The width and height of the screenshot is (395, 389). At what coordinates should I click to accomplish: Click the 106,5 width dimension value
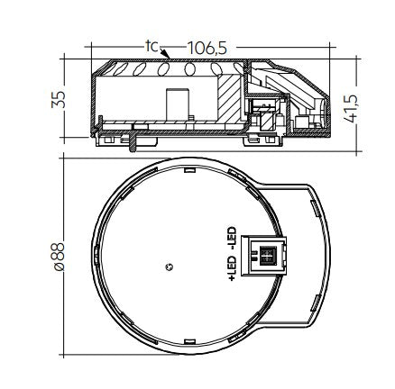pyautogui.click(x=207, y=48)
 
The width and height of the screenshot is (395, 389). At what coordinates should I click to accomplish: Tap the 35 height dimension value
pyautogui.click(x=59, y=99)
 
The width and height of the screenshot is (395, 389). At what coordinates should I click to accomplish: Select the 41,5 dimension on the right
pyautogui.click(x=351, y=109)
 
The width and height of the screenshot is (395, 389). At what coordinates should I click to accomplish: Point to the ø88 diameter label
pyautogui.click(x=59, y=257)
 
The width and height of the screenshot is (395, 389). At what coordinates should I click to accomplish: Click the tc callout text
pyautogui.click(x=152, y=46)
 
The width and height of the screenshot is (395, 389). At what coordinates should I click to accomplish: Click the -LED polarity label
pyautogui.click(x=232, y=239)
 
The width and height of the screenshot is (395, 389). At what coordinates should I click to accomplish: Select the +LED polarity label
pyautogui.click(x=232, y=268)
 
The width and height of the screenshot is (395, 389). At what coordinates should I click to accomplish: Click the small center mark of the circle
pyautogui.click(x=170, y=267)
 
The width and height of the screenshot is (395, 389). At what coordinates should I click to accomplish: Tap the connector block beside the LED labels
pyautogui.click(x=263, y=256)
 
